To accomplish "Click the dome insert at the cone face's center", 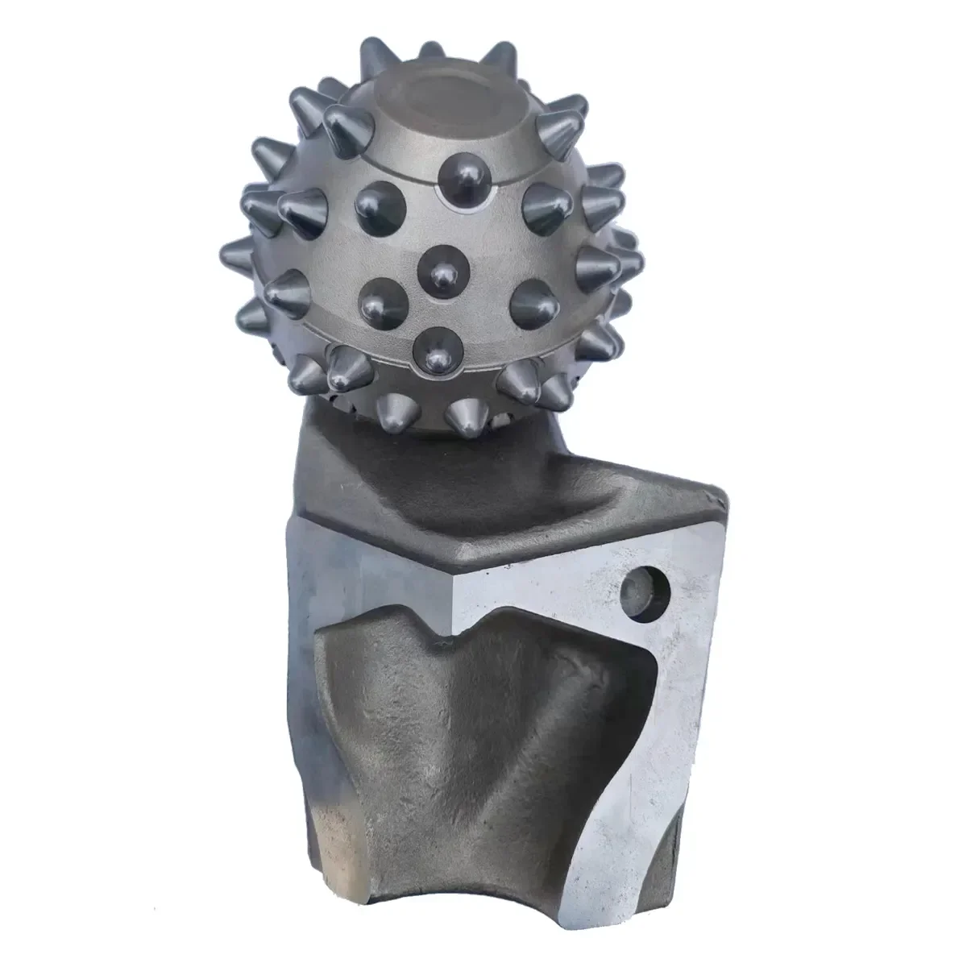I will tap(440, 269).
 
